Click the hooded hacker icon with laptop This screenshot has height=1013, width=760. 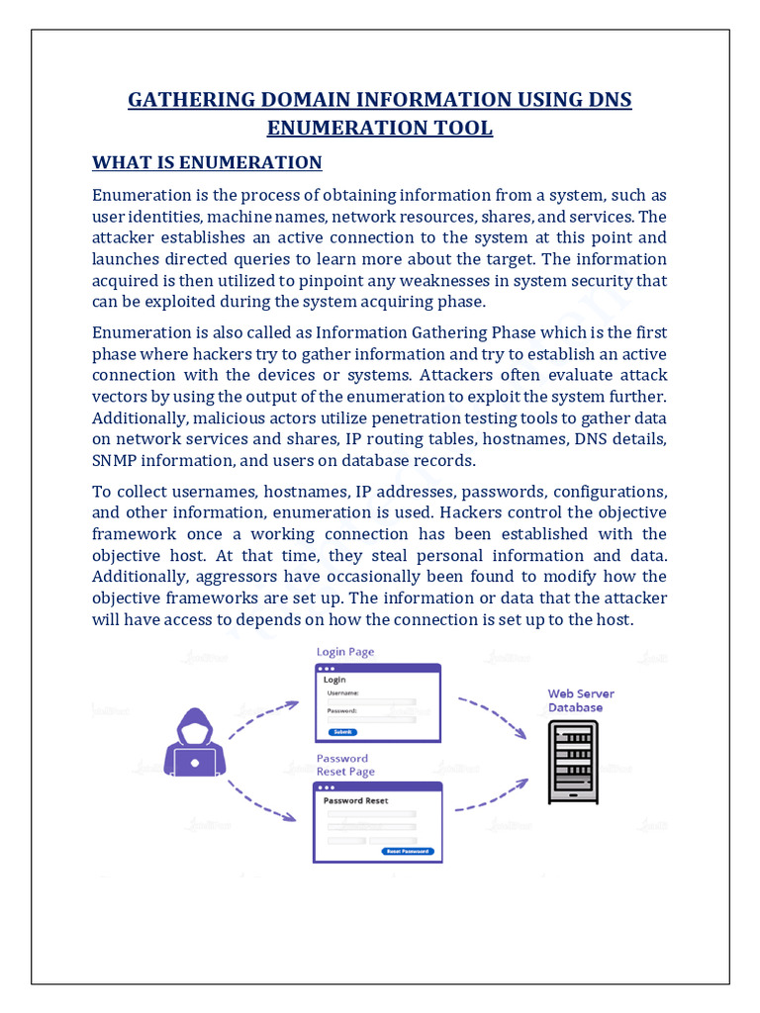[195, 743]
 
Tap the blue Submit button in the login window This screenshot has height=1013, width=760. [342, 731]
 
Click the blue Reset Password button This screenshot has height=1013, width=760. [407, 851]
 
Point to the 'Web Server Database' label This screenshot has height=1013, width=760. [575, 700]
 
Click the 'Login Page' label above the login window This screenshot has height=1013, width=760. [345, 652]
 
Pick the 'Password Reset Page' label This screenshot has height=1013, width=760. [345, 765]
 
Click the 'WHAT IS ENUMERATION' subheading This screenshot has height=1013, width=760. [207, 162]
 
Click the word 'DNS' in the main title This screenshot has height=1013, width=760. [609, 100]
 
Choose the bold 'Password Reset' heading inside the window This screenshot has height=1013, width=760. [356, 800]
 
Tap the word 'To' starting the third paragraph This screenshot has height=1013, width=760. [102, 492]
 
